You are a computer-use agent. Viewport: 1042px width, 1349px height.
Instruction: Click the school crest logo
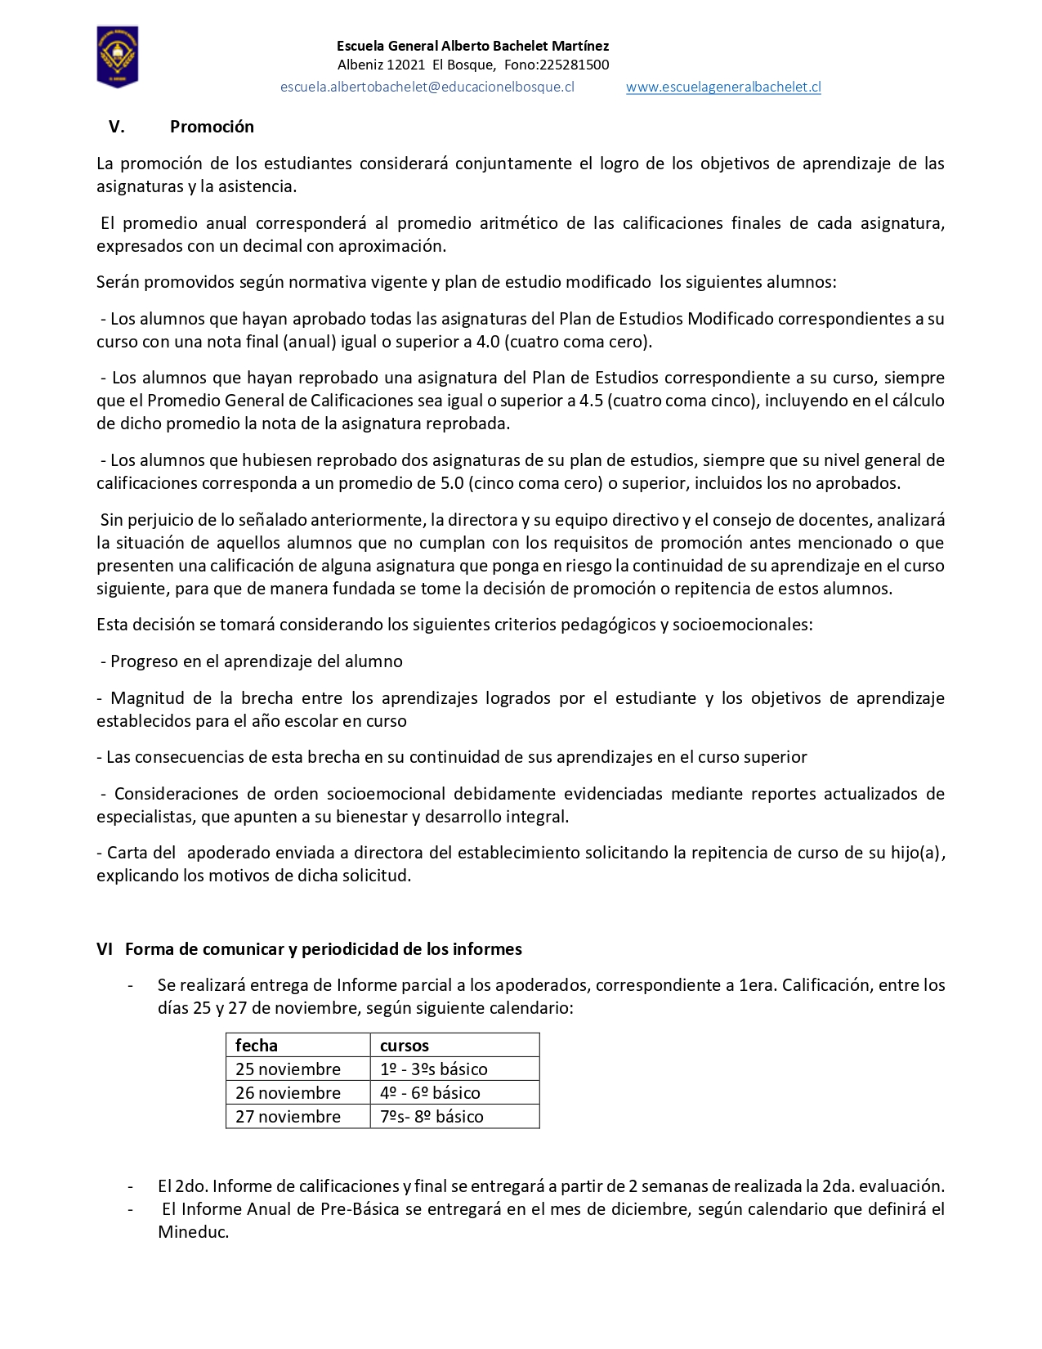(x=118, y=56)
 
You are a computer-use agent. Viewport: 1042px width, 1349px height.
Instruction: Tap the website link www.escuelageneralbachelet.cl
(x=723, y=87)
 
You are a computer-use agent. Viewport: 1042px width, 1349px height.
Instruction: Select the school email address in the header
(x=427, y=87)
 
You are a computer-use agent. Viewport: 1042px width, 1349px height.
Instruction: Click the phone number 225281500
(x=575, y=65)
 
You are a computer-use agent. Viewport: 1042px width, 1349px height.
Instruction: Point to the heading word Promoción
(x=212, y=127)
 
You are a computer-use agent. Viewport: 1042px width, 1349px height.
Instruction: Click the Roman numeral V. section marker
(x=116, y=127)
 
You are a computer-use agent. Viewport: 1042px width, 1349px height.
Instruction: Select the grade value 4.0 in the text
(x=488, y=342)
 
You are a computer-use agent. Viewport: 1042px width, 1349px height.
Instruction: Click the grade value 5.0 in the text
(x=452, y=483)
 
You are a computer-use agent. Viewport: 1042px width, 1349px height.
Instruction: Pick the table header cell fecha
(x=257, y=1046)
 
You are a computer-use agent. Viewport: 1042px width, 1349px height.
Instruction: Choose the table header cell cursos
(x=405, y=1046)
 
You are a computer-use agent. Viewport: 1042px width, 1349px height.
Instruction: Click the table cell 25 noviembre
(x=288, y=1069)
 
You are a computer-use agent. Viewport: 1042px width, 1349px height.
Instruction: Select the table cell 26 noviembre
(x=288, y=1093)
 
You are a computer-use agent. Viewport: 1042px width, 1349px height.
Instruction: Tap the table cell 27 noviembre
(x=288, y=1117)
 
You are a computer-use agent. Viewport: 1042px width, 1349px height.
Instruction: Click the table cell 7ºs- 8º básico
(x=432, y=1117)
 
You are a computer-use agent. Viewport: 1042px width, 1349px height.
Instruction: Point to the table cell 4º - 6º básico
(x=430, y=1093)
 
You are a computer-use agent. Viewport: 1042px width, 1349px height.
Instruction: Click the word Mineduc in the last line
(x=192, y=1232)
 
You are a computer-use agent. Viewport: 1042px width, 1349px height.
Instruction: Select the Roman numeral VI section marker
(x=105, y=949)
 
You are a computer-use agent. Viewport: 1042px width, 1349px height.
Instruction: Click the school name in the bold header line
(x=472, y=46)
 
